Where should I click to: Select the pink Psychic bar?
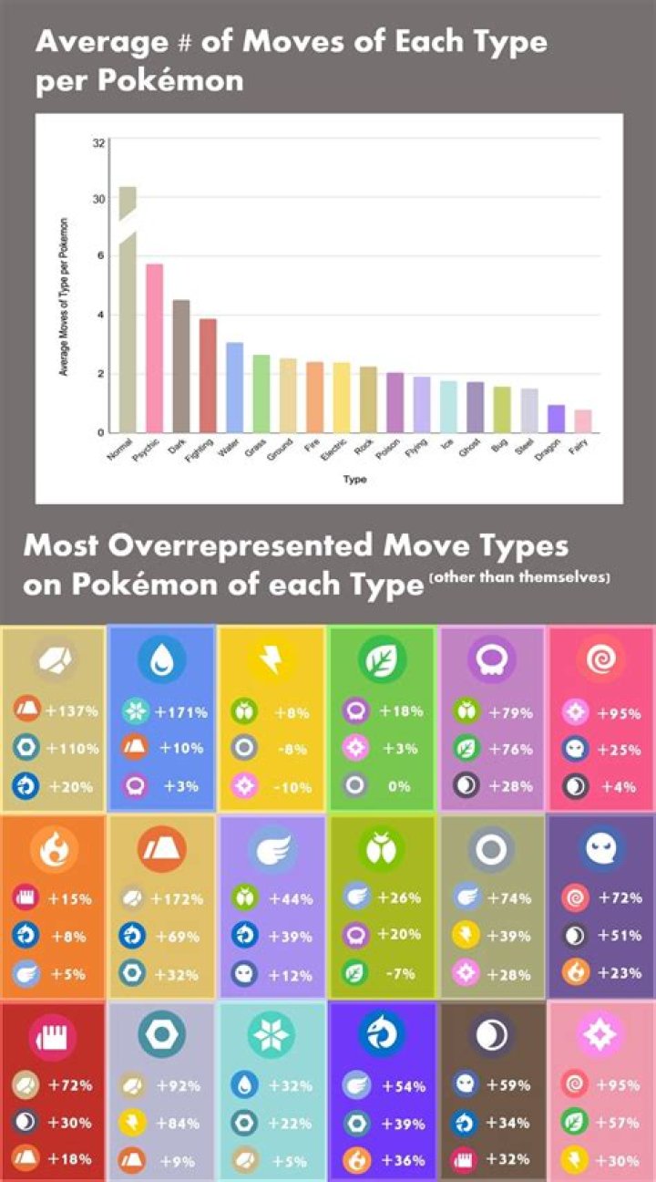point(154,347)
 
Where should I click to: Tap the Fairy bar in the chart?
point(582,420)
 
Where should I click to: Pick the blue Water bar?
point(234,387)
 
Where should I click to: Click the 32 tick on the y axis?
point(97,143)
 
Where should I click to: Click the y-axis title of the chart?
point(65,297)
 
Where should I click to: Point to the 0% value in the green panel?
point(399,786)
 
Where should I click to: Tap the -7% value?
point(399,974)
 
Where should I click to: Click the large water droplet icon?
point(162,658)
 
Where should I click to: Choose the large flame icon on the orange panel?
point(52,848)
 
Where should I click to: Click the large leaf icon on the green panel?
point(382,658)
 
